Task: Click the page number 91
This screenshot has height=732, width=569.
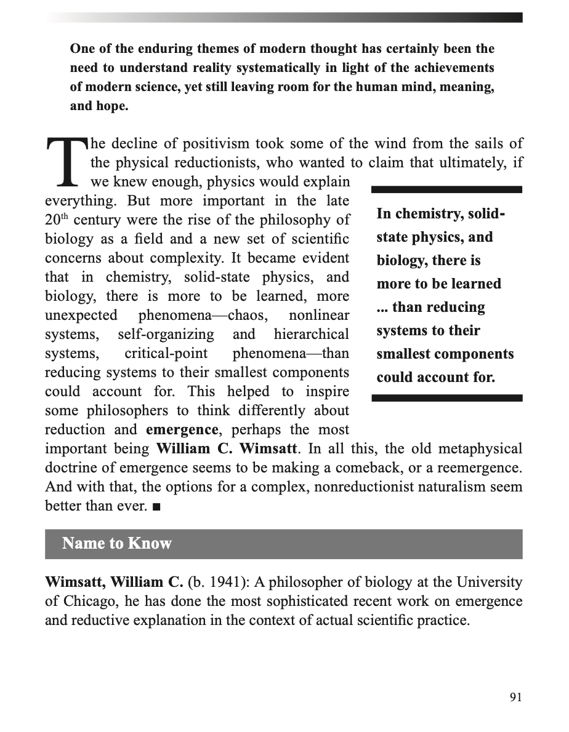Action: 515,697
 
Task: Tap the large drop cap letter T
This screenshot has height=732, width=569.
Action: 67,161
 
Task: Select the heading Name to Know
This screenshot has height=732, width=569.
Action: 116,543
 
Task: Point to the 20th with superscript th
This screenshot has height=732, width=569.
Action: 57,220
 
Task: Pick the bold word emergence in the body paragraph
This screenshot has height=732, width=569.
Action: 182,429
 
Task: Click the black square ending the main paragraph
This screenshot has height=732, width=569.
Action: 156,507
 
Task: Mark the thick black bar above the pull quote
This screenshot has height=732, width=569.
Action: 447,189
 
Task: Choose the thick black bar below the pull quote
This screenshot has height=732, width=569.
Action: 447,398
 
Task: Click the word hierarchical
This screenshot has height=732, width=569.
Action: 311,335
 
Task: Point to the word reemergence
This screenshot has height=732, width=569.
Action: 474,467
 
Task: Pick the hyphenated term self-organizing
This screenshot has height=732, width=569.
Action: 166,335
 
